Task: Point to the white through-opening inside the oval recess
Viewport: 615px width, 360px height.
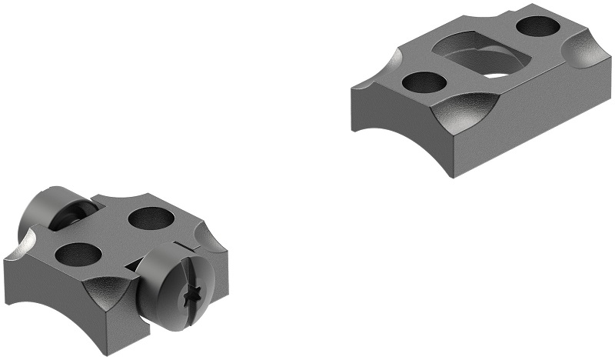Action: [497, 75]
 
